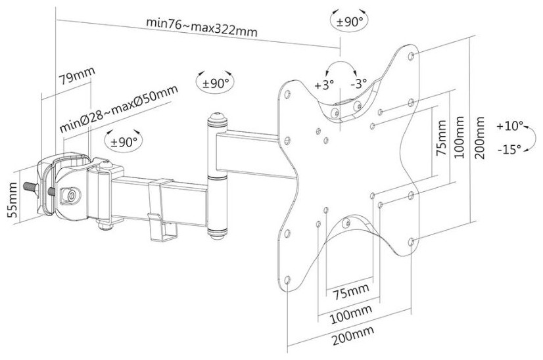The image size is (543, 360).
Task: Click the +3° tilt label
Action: [x=324, y=85]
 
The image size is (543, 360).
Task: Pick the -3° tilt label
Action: [x=358, y=85]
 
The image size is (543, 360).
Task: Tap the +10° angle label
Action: [x=510, y=125]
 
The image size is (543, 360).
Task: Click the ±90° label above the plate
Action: [x=350, y=21]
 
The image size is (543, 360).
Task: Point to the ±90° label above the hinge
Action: [x=214, y=83]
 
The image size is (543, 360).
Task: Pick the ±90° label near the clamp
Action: [x=123, y=141]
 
